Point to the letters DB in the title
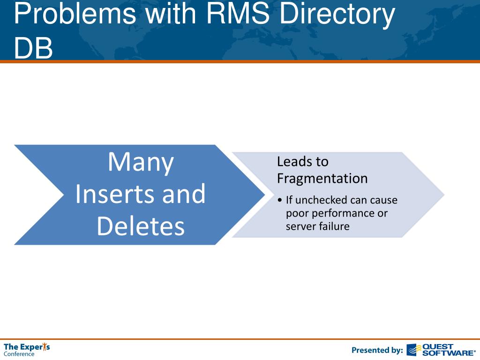33,48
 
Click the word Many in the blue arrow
141,162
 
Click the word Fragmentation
322,179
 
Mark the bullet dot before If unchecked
280,201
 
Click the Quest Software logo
441,350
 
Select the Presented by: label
377,350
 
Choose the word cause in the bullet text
383,200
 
